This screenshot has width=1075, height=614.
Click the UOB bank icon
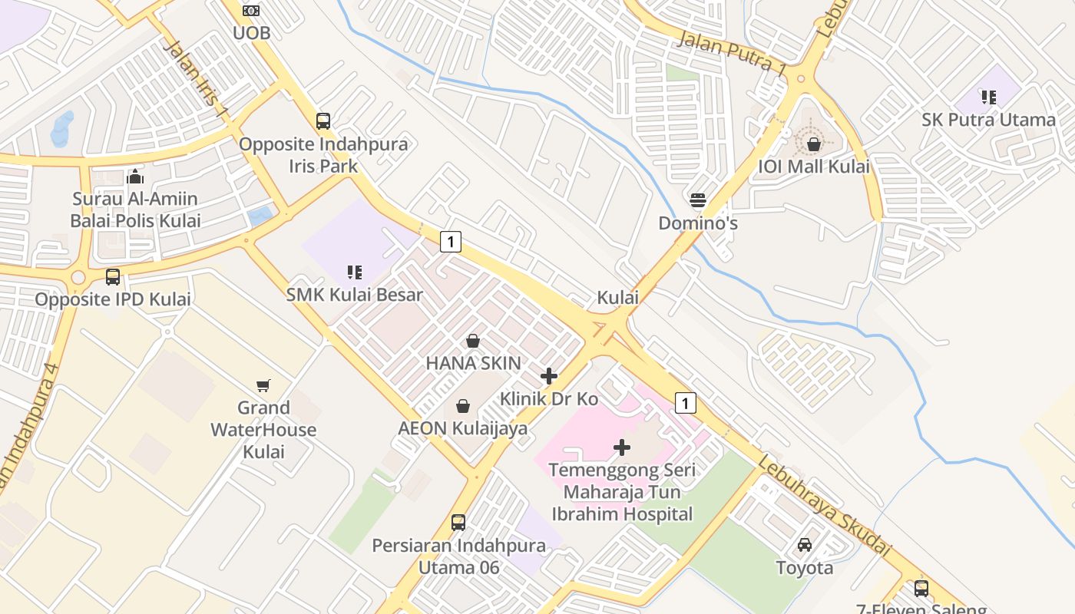(251, 11)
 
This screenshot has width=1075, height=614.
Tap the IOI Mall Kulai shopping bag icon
(814, 144)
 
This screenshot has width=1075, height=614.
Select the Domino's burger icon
(698, 201)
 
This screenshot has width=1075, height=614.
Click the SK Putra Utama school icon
(988, 97)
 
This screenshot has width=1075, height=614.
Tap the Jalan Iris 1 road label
(196, 78)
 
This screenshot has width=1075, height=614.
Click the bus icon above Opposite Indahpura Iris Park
(323, 121)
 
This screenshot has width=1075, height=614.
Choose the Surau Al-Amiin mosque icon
(135, 177)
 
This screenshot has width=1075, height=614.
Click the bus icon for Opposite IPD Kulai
(113, 277)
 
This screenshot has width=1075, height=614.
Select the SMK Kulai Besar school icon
(355, 272)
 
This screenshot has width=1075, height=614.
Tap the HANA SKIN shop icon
(473, 341)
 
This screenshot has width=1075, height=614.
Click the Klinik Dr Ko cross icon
(549, 376)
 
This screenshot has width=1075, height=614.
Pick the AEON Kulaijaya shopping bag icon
(463, 405)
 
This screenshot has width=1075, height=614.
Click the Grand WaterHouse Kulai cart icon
(263, 385)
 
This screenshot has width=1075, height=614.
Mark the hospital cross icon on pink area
(622, 447)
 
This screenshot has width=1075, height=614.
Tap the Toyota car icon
(805, 545)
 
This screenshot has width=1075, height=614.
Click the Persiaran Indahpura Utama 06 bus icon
(458, 523)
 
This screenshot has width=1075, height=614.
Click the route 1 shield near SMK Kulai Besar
(451, 242)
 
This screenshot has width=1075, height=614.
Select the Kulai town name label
(618, 298)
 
